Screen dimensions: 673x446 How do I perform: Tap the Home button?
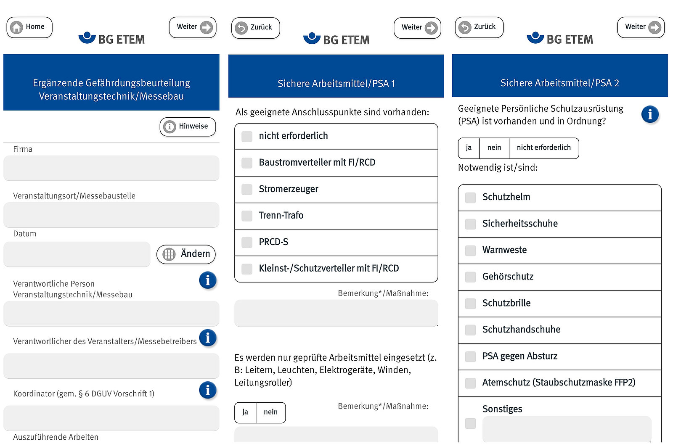(29, 27)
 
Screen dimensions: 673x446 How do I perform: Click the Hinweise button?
(188, 127)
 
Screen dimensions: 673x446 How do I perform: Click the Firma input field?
(111, 168)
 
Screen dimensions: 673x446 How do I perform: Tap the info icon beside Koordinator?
(208, 390)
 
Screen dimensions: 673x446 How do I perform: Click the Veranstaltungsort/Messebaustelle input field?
(111, 215)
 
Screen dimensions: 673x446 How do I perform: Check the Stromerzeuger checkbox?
(247, 189)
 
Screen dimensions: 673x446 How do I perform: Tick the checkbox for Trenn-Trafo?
(247, 216)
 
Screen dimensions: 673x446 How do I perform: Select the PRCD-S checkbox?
(247, 242)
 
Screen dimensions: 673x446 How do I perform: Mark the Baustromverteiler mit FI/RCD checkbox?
(247, 163)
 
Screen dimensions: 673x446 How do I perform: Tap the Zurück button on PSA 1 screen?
(256, 28)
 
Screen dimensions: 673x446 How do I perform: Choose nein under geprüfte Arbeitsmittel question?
(271, 412)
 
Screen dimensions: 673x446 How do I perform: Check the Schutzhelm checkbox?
(471, 198)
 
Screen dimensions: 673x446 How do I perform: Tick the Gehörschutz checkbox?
(471, 277)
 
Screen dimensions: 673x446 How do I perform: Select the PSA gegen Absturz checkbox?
(471, 356)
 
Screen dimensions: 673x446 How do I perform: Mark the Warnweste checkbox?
(471, 251)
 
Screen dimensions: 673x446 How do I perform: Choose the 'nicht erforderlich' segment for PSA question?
(544, 148)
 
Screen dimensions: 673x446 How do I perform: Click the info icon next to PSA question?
(650, 114)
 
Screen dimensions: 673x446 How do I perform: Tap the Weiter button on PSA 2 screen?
(641, 27)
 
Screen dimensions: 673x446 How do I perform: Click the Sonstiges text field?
(567, 429)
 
